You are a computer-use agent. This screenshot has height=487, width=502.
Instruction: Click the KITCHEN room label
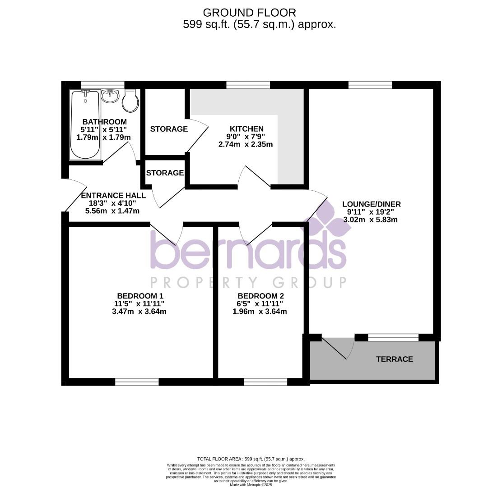pos(246,129)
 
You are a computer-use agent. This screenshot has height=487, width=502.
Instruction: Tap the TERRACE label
pos(395,359)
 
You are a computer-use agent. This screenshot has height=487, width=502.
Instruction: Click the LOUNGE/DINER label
pos(371,204)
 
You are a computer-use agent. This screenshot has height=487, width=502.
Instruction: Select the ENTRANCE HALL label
pos(113,195)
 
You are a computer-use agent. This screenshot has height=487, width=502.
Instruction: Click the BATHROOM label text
pos(104,122)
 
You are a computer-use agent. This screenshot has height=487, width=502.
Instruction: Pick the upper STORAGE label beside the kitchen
pos(169,129)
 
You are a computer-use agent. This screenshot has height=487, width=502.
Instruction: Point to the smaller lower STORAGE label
pos(165,173)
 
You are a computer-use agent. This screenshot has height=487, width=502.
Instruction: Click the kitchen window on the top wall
pos(248,84)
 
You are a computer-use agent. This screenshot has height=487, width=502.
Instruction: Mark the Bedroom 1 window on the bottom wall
pos(137,382)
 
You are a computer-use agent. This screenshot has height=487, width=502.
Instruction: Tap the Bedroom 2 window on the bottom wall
pos(265,382)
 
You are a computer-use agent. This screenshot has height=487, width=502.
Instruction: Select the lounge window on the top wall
pos(370,84)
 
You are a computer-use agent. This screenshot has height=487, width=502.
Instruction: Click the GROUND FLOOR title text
pos(250,12)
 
